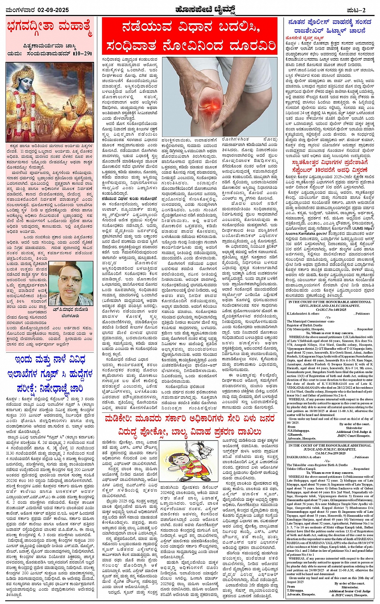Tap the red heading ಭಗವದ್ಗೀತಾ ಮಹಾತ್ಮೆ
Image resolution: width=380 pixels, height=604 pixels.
49,27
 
